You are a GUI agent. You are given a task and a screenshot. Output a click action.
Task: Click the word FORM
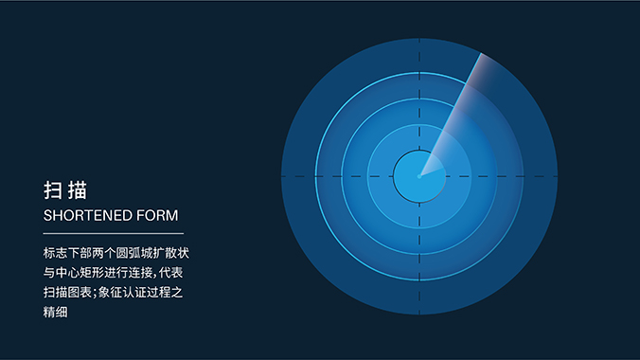[156, 215]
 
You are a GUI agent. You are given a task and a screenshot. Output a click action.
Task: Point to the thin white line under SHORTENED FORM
[113, 232]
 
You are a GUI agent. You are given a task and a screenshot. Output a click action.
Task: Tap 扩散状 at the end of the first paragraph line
[172, 254]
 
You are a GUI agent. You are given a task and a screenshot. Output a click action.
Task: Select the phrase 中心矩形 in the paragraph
[82, 274]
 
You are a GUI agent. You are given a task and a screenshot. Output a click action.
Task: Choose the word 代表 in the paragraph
[172, 274]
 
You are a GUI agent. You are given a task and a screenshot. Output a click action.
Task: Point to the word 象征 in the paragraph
[112, 294]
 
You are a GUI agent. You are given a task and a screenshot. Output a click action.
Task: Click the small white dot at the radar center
[419, 175]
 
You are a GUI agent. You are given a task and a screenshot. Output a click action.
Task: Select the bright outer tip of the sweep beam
[481, 59]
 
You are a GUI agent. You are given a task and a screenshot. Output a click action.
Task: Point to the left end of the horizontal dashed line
[283, 176]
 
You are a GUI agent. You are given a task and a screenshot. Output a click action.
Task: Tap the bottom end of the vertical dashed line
[419, 312]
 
